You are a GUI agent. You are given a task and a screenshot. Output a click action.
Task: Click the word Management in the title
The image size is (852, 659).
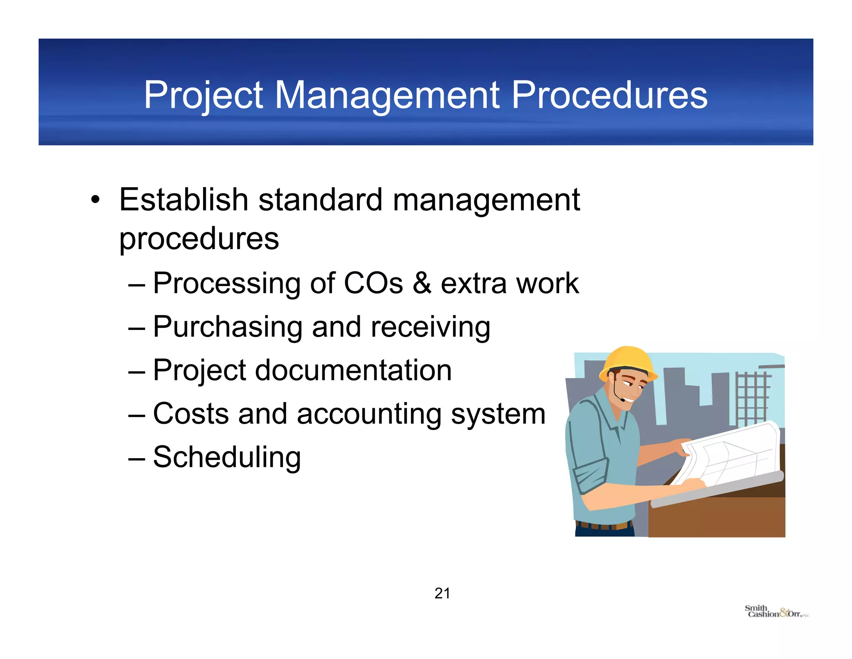(387, 96)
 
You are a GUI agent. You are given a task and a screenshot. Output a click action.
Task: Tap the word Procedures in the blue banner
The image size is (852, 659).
(609, 96)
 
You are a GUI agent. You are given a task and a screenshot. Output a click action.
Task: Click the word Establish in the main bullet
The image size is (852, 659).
(183, 200)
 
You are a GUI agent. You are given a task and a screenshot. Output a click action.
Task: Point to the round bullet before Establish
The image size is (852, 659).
(96, 200)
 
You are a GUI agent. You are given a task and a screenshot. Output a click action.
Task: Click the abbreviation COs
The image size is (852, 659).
(373, 283)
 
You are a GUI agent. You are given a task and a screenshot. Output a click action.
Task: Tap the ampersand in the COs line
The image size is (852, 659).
(422, 283)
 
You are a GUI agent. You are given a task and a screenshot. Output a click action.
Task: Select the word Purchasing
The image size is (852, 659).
(228, 327)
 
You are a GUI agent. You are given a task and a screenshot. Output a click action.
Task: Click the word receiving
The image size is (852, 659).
(430, 327)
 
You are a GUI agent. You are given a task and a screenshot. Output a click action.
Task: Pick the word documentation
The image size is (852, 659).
(353, 370)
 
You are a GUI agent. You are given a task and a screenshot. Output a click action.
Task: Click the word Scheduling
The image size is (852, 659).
(227, 457)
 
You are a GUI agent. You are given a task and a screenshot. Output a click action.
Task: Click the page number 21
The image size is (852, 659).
(442, 593)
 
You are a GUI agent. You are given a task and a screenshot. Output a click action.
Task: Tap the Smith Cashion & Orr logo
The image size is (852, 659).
(775, 612)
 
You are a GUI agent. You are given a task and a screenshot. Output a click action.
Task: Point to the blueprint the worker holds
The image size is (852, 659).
(732, 454)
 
